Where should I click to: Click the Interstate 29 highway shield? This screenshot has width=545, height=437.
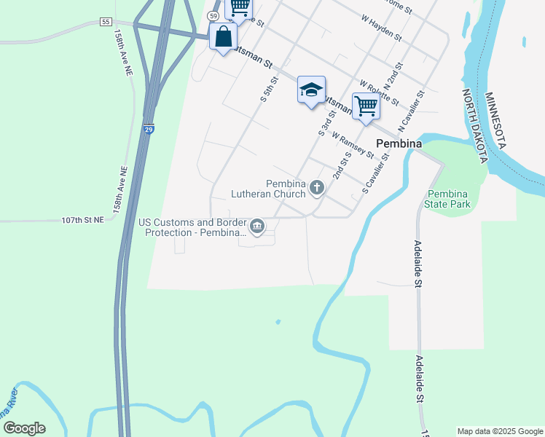tap(149, 129)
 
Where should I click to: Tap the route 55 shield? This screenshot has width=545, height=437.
tap(106, 23)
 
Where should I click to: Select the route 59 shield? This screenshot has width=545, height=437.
tap(213, 15)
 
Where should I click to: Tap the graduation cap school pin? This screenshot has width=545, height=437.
tap(311, 90)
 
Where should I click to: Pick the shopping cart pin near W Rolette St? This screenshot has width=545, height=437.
tap(366, 106)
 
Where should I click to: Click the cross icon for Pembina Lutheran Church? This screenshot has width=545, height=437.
tap(317, 188)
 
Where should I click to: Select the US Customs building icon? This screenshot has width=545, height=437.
tap(257, 227)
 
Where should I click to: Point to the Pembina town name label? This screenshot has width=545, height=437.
tap(399, 143)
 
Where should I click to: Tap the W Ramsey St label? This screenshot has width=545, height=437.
tap(353, 144)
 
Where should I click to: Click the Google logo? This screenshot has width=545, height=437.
tap(24, 428)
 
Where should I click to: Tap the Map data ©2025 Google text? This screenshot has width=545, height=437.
tap(499, 431)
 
